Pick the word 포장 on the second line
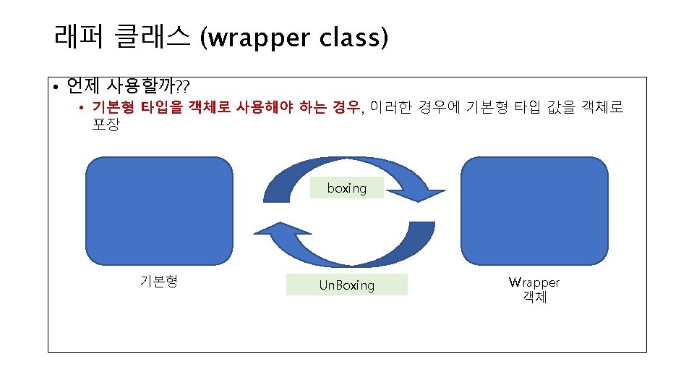point(106,125)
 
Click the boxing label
point(347,188)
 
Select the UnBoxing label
point(347,285)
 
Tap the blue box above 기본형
point(159,211)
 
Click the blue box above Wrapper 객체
point(535,211)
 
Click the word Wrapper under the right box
point(534,282)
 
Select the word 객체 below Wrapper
point(534,297)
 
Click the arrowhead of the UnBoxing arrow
point(266,232)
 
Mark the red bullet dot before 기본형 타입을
point(83,109)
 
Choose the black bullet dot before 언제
point(56,88)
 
